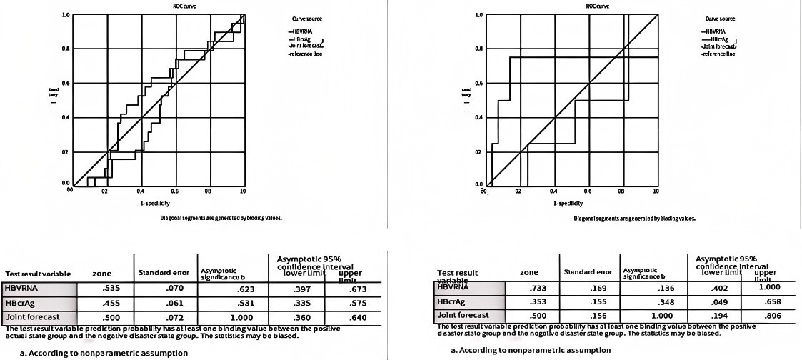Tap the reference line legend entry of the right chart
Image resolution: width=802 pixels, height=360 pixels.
click(x=718, y=54)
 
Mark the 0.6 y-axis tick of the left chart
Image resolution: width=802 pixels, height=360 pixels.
click(x=65, y=84)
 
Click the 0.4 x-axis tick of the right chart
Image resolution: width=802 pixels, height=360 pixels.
click(x=553, y=191)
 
